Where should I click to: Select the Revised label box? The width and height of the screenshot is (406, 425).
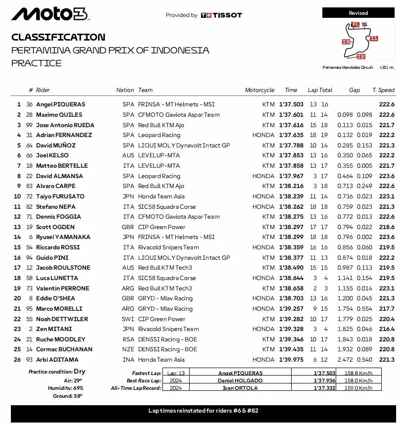[358, 13]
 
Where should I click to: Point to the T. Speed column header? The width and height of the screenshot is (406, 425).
[383, 90]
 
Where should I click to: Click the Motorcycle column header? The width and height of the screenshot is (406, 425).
[259, 90]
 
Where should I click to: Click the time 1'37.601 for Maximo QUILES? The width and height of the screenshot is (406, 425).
[291, 115]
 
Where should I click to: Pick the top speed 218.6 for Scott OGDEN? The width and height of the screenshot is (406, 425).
[386, 227]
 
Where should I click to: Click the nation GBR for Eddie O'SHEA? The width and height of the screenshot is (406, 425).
[128, 298]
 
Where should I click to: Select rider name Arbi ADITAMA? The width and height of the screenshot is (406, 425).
[56, 360]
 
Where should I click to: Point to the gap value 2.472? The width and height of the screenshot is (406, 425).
[345, 360]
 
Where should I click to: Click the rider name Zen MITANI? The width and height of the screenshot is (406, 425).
[53, 329]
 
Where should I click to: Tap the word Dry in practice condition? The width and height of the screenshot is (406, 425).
[80, 372]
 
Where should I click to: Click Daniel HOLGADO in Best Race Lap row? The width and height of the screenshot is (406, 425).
[240, 380]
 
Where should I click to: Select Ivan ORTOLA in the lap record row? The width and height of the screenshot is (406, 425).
[240, 388]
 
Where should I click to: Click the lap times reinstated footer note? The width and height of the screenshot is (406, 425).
[203, 411]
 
